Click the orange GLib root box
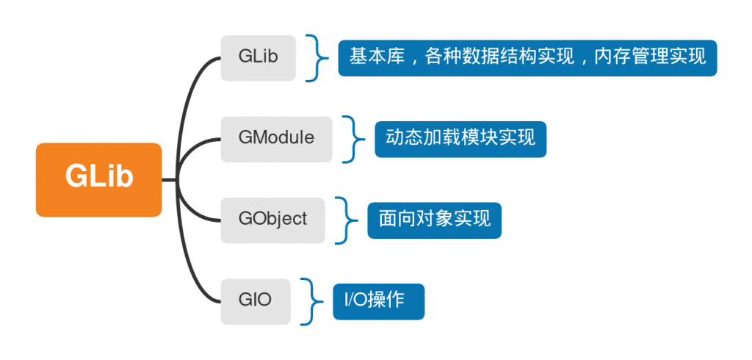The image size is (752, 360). point(98,179)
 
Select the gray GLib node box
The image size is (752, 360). point(258,57)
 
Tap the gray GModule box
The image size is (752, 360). point(276,139)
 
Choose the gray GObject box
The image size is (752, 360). point(272,220)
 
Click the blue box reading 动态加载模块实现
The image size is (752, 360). point(460,138)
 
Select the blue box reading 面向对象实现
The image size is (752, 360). point(434,220)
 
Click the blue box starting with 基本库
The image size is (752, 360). point(527,57)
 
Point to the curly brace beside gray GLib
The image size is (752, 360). point(315,57)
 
